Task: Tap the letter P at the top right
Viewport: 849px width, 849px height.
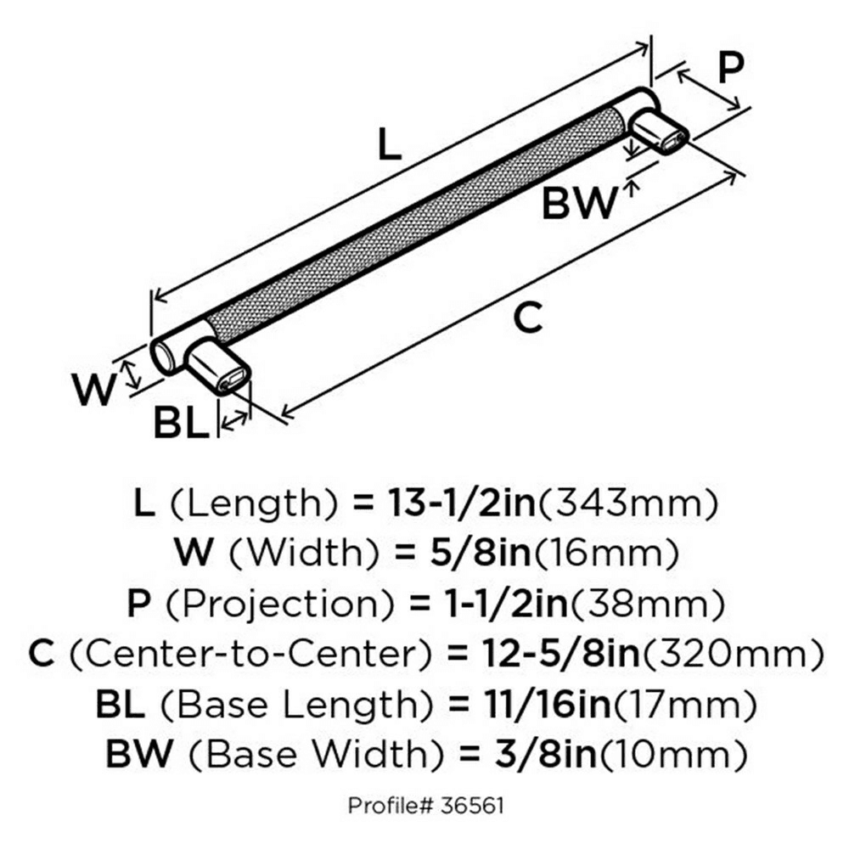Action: [730, 68]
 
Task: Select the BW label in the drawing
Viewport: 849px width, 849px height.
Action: [579, 203]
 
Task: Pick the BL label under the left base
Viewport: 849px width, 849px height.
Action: [181, 423]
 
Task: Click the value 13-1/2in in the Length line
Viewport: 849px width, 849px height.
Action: [462, 503]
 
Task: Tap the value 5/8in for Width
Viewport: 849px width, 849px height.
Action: [481, 554]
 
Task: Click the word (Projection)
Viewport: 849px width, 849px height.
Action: [280, 604]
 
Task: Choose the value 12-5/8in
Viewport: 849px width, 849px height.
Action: [560, 654]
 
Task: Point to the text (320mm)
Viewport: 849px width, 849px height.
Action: [733, 654]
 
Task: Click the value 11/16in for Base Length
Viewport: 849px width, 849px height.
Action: [548, 704]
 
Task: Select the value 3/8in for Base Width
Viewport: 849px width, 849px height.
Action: [545, 754]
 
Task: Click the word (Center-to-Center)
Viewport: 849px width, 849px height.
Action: [250, 654]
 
